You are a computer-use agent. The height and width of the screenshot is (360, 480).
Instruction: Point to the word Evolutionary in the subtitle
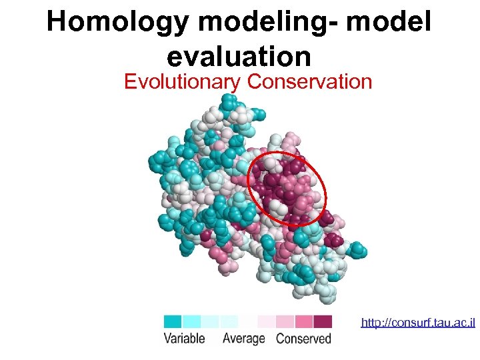coord(183,82)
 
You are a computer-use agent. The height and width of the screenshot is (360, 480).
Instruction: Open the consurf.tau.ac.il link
coord(418,323)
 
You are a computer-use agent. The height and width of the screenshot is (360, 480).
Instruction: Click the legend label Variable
coord(185,339)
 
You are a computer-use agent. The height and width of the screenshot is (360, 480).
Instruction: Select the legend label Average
coord(243,339)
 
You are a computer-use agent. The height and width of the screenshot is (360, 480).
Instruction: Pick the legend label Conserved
coord(304,339)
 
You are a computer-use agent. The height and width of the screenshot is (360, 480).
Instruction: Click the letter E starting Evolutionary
coord(130,82)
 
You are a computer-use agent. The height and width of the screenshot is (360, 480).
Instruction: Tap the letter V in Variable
coord(168,339)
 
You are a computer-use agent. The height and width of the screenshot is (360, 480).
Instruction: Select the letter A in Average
coord(227,339)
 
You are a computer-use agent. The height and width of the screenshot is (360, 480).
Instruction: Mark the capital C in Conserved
coord(281,339)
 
